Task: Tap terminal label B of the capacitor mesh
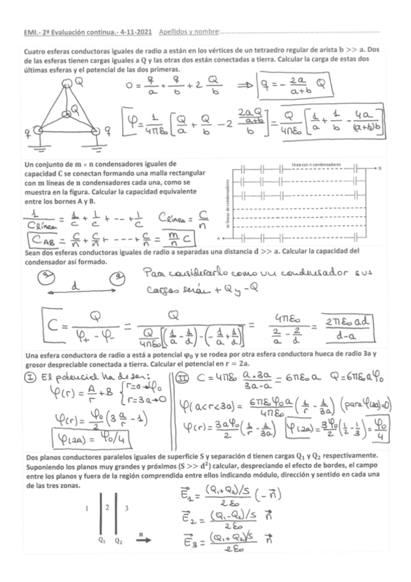(379, 168)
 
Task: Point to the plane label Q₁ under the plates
(102, 539)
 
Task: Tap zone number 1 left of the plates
(84, 509)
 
